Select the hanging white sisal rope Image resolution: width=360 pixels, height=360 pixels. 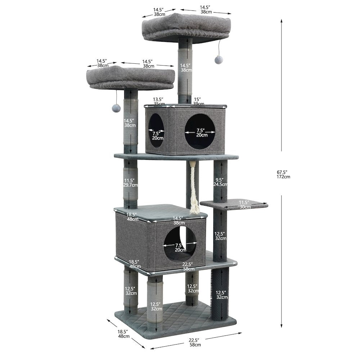193,188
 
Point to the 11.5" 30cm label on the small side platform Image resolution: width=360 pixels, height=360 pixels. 244,204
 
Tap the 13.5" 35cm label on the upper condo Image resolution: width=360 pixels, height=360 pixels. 158,102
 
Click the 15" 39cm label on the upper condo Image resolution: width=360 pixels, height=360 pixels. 198,102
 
